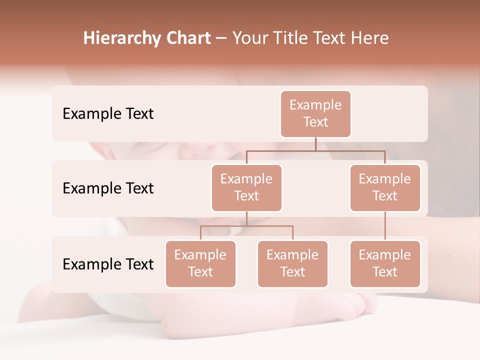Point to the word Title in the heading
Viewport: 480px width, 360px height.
(295, 38)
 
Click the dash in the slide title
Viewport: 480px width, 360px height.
(221, 39)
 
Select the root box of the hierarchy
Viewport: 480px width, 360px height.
(315, 114)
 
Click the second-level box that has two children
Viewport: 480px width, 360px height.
(246, 188)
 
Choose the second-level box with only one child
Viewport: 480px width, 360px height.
(385, 188)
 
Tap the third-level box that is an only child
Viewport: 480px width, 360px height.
(385, 264)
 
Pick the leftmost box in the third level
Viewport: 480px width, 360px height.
(200, 264)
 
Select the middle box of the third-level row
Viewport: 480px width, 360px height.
(292, 264)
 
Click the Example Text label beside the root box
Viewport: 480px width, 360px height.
(108, 114)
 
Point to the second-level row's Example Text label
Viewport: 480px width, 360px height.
(108, 188)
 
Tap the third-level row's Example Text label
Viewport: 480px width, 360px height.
(108, 264)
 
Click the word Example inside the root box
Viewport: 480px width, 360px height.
(315, 105)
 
